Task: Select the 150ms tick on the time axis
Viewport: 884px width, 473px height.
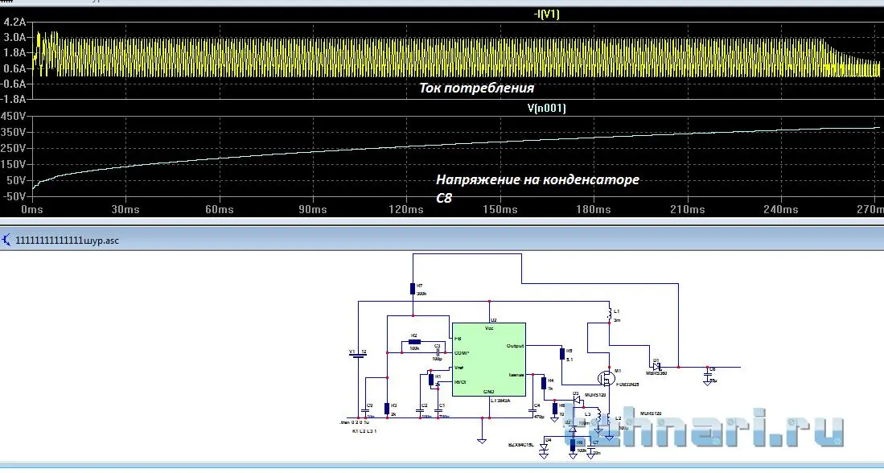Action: pos(500,210)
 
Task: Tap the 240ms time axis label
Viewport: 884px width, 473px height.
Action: pos(780,210)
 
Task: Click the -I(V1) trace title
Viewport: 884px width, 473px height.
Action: pos(548,14)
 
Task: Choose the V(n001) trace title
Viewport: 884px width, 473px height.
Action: pos(547,109)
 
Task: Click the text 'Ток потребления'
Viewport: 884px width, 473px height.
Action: pos(477,88)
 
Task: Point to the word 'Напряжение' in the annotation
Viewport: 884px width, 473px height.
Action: pos(475,179)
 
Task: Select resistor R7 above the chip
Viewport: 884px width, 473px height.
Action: pos(412,289)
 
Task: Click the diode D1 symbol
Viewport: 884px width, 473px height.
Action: pos(656,366)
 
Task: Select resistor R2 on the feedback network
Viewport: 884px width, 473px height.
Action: pos(413,342)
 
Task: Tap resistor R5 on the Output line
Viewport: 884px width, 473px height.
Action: pos(561,353)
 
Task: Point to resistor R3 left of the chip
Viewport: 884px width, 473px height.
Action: pos(388,408)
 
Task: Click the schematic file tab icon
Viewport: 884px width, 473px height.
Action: pos(6,240)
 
